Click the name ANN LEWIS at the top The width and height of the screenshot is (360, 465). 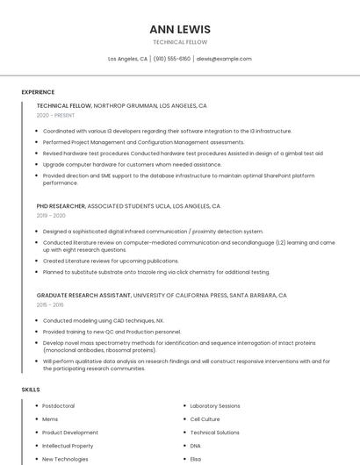click(180, 29)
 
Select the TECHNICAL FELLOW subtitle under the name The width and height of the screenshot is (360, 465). click(180, 42)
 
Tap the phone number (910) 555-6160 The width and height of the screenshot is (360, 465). click(172, 59)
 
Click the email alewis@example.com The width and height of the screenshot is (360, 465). click(224, 59)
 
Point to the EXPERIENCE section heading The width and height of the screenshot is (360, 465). click(38, 92)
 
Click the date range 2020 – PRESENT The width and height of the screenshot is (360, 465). click(55, 115)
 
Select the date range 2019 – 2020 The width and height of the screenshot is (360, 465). click(51, 215)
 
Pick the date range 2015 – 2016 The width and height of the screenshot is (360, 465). click(50, 304)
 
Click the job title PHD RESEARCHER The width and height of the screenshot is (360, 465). click(61, 206)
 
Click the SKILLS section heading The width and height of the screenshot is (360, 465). click(31, 389)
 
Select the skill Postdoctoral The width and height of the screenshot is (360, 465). click(59, 406)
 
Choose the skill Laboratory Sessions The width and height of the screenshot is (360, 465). click(215, 406)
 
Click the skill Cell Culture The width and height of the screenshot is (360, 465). click(205, 419)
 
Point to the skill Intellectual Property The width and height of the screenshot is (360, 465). click(68, 446)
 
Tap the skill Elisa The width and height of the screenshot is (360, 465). click(196, 459)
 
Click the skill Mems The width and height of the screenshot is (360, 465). click(50, 419)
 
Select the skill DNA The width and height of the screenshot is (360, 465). click(196, 446)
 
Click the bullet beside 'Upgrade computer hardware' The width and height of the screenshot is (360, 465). click(35, 164)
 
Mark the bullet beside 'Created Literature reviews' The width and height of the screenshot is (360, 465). click(35, 261)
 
